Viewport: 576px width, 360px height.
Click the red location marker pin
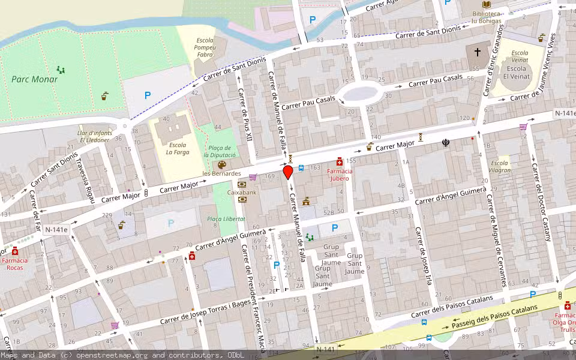point(288,172)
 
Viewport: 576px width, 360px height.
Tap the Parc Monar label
point(35,79)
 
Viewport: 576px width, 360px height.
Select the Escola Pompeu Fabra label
point(205,47)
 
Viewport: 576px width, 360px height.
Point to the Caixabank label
point(242,192)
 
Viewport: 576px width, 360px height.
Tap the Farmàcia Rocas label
point(14,264)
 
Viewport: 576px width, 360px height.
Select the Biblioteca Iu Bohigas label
point(486,17)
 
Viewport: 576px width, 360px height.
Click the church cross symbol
point(478,52)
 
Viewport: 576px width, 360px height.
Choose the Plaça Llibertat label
point(226,219)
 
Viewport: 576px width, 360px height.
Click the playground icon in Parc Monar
point(60,70)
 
